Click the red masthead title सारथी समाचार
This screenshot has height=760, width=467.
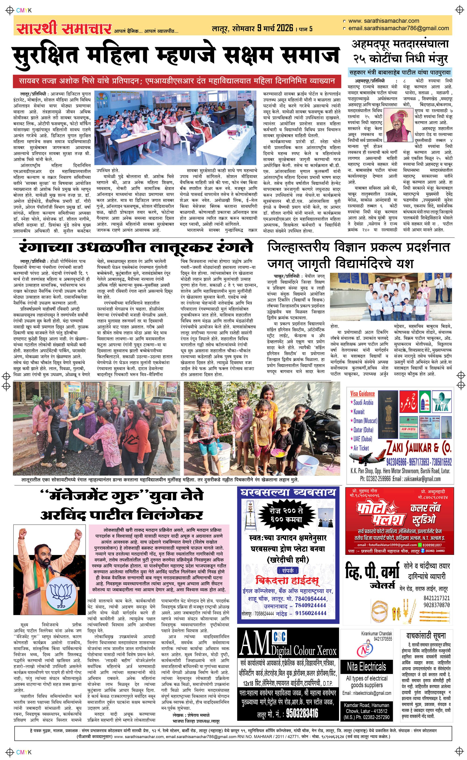tap(64, 29)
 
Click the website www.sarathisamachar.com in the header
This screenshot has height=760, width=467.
tap(384, 21)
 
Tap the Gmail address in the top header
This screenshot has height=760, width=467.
tap(398, 28)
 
